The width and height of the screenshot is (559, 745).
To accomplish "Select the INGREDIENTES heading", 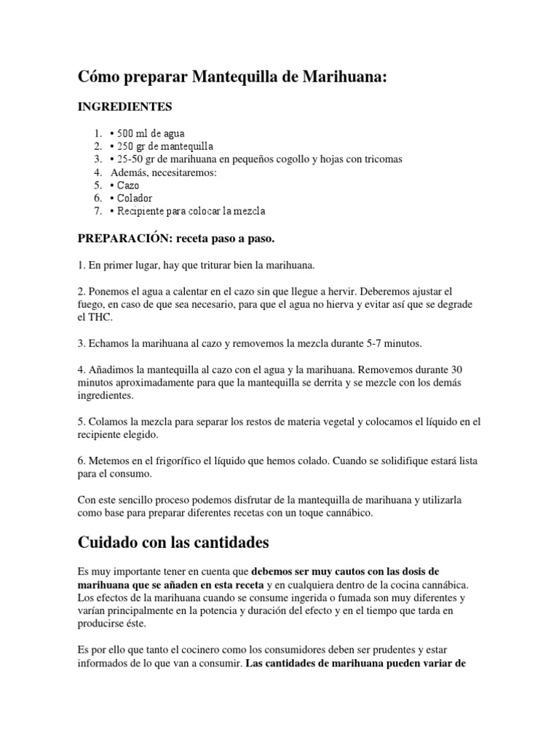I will pos(125,107).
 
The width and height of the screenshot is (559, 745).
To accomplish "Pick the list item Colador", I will pos(134,198).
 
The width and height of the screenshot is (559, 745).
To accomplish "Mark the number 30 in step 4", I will pos(456,369).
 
